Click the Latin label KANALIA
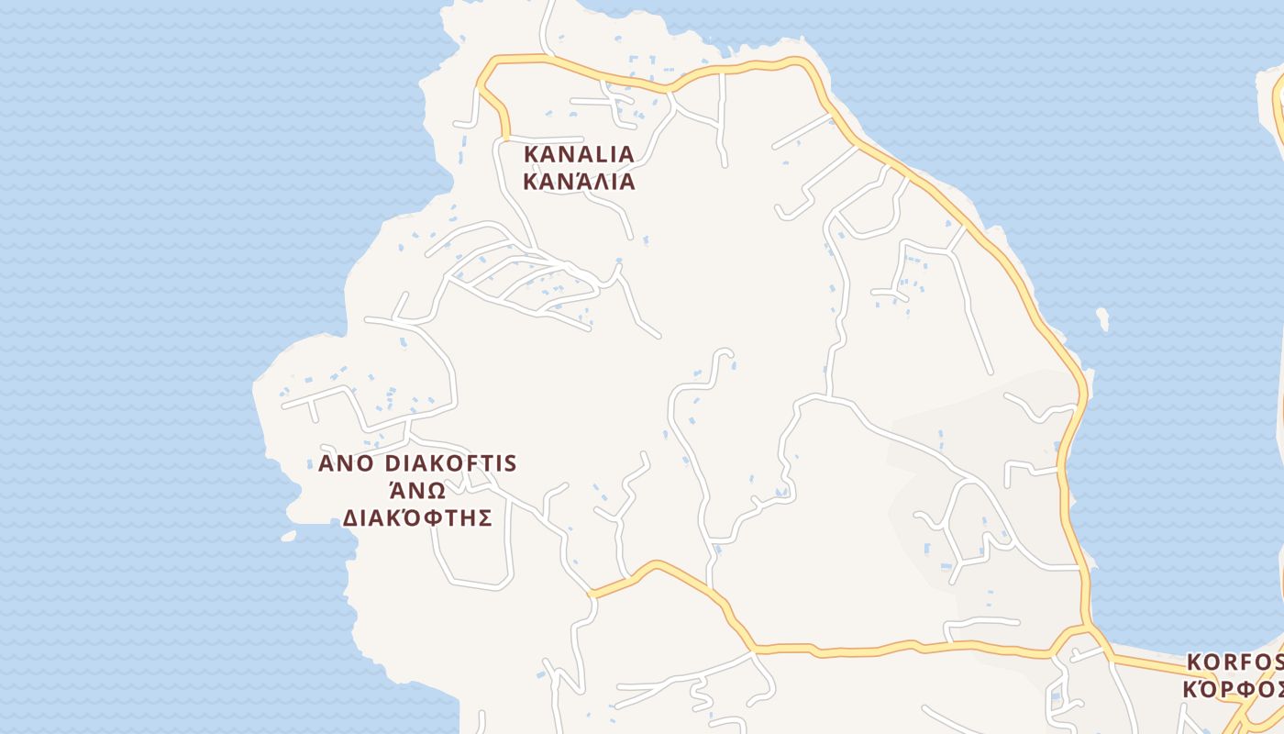pyautogui.click(x=579, y=153)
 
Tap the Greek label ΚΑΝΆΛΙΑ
pyautogui.click(x=579, y=181)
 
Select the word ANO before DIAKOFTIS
pyautogui.click(x=347, y=462)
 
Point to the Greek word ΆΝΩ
pyautogui.click(x=417, y=490)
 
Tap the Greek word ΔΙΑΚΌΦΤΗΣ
pyautogui.click(x=417, y=518)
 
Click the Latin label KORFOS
pyautogui.click(x=1234, y=662)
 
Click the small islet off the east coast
pyautogui.click(x=1102, y=319)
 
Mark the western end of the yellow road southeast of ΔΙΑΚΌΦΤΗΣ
pyautogui.click(x=592, y=594)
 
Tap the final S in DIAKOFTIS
pyautogui.click(x=511, y=462)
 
